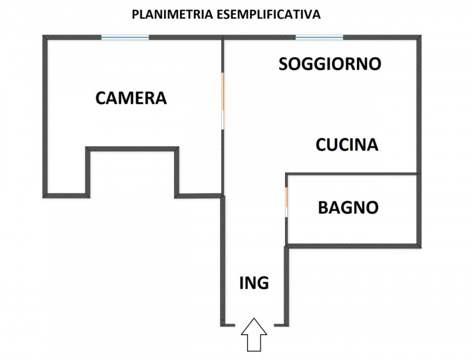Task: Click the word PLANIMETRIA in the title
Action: [x=169, y=14]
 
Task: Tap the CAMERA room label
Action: [x=131, y=98]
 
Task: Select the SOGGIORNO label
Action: [x=330, y=64]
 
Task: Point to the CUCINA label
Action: [x=347, y=145]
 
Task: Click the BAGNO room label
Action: [x=348, y=208]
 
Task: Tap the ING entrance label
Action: [x=254, y=283]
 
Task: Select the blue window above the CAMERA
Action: [x=124, y=38]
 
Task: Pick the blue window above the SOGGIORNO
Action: [x=319, y=38]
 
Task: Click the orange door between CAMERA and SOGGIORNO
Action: [x=223, y=91]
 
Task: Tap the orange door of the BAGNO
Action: [x=286, y=201]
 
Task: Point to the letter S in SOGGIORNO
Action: [x=284, y=64]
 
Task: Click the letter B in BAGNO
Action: [x=324, y=208]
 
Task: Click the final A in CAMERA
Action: [x=160, y=98]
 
